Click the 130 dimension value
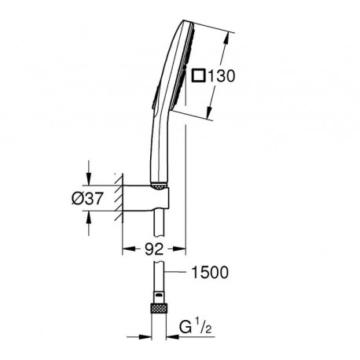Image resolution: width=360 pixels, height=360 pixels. pos(221,76)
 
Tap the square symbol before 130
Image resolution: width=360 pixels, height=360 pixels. pos(198,75)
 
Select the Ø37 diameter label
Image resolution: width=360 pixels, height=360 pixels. pos(87,198)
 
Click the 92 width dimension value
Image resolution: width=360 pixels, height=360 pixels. pos(154,249)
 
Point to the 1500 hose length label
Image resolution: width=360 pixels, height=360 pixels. pos(210,272)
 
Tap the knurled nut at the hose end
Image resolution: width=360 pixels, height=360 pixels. pos(159,308)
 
